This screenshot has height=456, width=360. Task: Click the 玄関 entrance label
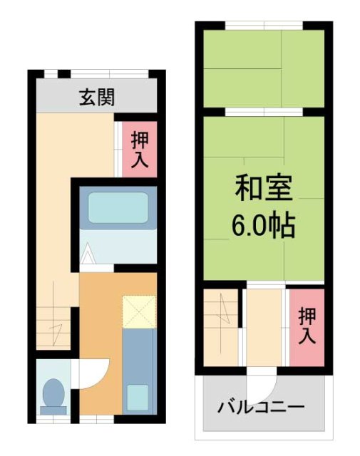96,97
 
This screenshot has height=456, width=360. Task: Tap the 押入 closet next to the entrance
139,149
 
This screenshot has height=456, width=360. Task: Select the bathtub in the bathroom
117,207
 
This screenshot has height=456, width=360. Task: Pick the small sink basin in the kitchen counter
138,395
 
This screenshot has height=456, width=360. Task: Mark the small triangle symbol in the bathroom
87,253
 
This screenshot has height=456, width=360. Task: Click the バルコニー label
261,408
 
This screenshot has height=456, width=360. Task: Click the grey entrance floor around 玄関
57,97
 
